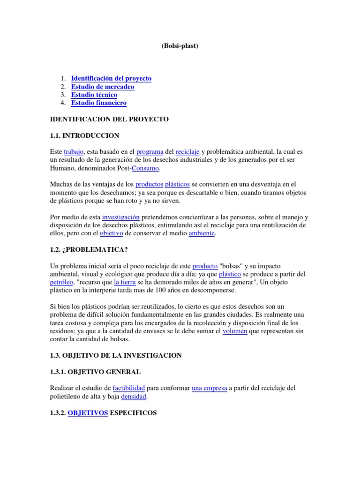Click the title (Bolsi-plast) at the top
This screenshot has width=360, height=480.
click(180, 46)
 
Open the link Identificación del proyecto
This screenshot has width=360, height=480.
click(111, 79)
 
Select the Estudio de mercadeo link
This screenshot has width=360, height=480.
click(103, 87)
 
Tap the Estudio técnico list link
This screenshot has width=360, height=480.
click(94, 95)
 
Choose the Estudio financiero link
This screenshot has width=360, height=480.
click(99, 103)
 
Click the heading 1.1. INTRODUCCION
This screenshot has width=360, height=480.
click(84, 136)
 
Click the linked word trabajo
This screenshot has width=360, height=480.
click(73, 152)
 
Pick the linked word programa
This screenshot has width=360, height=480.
click(150, 152)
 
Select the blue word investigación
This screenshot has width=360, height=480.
click(121, 217)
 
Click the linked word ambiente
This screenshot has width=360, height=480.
click(202, 233)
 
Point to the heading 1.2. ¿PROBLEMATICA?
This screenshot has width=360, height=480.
click(90, 250)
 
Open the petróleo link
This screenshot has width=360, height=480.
click(62, 283)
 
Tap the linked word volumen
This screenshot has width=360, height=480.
click(235, 331)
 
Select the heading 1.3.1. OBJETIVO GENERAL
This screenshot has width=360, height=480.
click(95, 372)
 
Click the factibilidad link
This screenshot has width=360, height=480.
click(129, 389)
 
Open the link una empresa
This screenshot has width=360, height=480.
click(209, 389)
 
